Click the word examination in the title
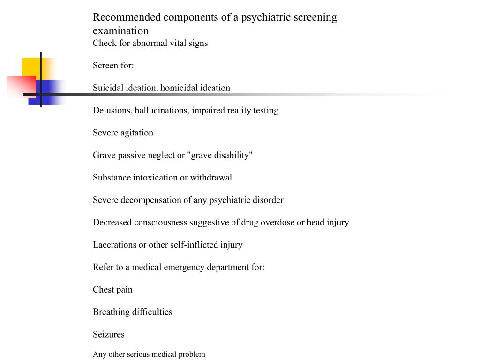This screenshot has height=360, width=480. [120, 31]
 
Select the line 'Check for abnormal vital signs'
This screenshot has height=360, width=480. [150, 43]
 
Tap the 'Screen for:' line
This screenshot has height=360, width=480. [113, 66]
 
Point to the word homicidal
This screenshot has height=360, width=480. [179, 88]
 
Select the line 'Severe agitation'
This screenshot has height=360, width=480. [123, 133]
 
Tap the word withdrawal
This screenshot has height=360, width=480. [211, 178]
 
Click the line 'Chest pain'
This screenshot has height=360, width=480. [112, 290]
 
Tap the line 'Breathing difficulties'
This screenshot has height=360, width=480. [132, 312]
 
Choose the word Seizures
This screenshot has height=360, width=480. [108, 335]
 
